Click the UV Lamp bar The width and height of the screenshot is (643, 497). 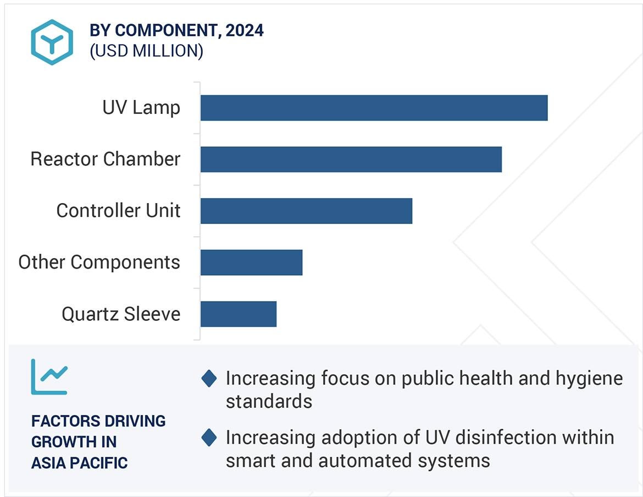click(374, 108)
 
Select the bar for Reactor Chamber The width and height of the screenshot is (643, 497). click(351, 160)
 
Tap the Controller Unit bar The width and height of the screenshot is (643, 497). click(306, 211)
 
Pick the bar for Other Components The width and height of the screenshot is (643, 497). click(251, 263)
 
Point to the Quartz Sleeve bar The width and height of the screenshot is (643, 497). click(238, 314)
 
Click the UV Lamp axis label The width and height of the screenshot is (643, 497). click(141, 107)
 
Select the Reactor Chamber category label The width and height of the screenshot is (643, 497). click(106, 159)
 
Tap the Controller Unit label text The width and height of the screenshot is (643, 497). click(118, 211)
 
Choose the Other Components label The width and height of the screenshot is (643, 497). click(99, 262)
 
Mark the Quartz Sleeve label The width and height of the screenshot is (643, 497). click(121, 314)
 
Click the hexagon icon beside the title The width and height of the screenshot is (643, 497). click(52, 42)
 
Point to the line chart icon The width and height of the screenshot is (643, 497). click(49, 376)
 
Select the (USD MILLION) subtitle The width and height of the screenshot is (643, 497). click(147, 51)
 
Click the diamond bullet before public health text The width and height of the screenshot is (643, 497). click(209, 379)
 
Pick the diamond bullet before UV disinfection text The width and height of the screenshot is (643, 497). click(209, 438)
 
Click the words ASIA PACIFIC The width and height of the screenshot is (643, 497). click(79, 463)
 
